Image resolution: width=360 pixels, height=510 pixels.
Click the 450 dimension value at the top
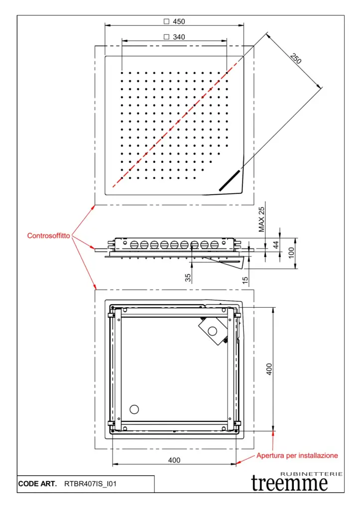(179, 21)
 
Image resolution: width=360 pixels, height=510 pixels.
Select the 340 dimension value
(179, 37)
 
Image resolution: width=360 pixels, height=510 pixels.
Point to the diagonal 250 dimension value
(296, 59)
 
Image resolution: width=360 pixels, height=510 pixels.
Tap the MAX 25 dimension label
(262, 220)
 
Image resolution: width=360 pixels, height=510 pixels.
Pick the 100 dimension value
(292, 253)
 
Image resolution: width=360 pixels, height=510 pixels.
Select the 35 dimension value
(188, 277)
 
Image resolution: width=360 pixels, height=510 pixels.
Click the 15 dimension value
(245, 280)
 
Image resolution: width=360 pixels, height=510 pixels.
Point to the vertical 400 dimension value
(269, 369)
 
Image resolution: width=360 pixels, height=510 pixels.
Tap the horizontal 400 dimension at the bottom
(174, 460)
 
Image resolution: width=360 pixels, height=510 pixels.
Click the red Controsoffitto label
(48, 235)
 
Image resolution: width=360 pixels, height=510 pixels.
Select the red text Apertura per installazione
(297, 455)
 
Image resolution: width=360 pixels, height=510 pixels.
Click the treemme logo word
(289, 483)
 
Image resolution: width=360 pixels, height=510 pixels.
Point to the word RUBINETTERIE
(312, 473)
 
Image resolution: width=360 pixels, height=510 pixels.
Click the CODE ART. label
(37, 484)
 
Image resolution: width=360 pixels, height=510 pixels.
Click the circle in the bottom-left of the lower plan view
(134, 409)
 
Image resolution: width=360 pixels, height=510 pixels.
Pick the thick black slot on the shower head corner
(229, 180)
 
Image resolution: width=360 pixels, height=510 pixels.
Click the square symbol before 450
(166, 21)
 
